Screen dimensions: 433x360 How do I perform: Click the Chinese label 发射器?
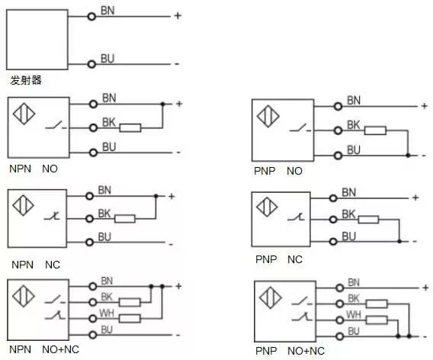click(26, 80)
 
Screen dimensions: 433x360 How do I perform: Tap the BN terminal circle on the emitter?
click(91, 17)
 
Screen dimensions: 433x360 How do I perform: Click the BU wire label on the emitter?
click(107, 59)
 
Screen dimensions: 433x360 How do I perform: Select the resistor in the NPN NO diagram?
click(130, 128)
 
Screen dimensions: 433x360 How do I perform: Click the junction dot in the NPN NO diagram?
click(162, 104)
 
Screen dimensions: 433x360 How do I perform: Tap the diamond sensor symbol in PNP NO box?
click(268, 116)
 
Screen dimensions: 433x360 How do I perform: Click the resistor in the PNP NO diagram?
click(375, 130)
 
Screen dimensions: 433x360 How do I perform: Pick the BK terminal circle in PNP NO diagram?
click(338, 130)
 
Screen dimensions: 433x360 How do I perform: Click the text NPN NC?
click(36, 265)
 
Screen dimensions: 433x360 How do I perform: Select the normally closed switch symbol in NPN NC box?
click(52, 216)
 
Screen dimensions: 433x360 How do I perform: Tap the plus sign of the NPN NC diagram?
click(172, 197)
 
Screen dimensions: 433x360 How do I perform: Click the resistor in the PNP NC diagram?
click(368, 220)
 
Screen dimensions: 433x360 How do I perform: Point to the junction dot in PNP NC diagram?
click(399, 242)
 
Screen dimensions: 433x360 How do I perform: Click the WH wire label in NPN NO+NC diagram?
click(107, 313)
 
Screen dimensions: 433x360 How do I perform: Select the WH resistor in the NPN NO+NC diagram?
click(130, 319)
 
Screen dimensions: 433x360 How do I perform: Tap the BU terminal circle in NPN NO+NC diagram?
click(93, 335)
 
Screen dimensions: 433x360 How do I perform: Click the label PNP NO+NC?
click(290, 351)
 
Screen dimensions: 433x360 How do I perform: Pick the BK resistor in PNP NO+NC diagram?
click(377, 304)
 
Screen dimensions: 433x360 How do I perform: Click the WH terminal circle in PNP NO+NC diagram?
click(340, 320)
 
